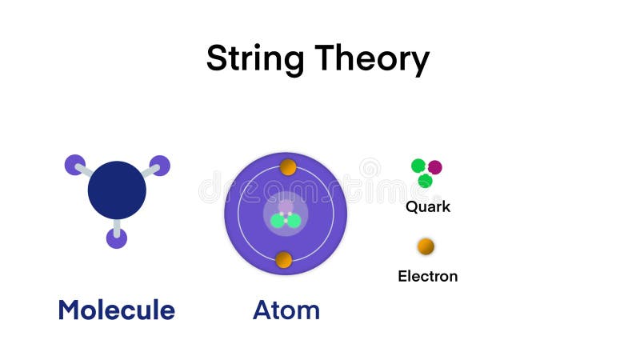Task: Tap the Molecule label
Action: pyautogui.click(x=116, y=310)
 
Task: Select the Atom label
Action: pyautogui.click(x=286, y=310)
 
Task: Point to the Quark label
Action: pyautogui.click(x=428, y=206)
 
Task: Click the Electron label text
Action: pyautogui.click(x=428, y=277)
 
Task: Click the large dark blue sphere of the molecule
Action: pyautogui.click(x=117, y=190)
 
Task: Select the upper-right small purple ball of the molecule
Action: pyautogui.click(x=160, y=165)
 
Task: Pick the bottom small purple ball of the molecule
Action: pyautogui.click(x=117, y=238)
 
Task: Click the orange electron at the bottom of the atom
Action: pyautogui.click(x=283, y=259)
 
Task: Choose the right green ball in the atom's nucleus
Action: pyautogui.click(x=293, y=221)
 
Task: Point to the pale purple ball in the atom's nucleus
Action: pyautogui.click(x=286, y=207)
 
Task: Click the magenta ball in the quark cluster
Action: pyautogui.click(x=434, y=167)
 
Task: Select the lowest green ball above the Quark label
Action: pyautogui.click(x=426, y=181)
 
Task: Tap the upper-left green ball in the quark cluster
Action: pyautogui.click(x=418, y=166)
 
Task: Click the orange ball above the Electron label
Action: pyautogui.click(x=426, y=246)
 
